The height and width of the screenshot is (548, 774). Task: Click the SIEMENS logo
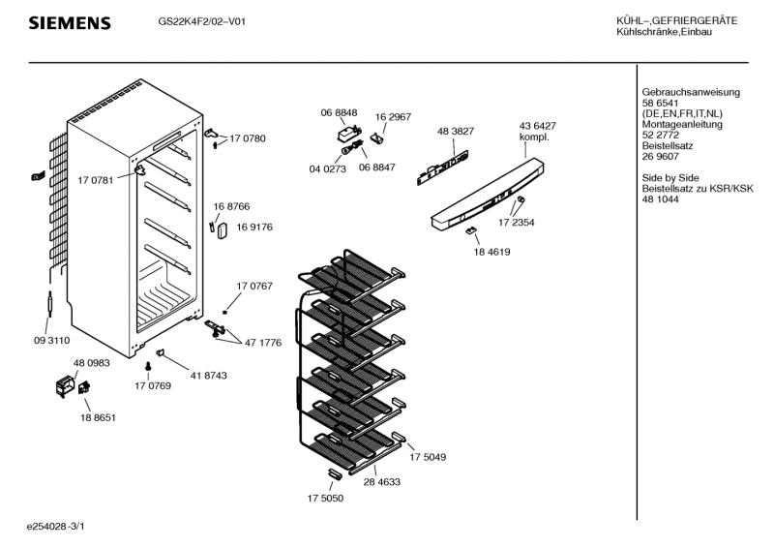(69, 22)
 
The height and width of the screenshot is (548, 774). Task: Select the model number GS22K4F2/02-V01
(201, 21)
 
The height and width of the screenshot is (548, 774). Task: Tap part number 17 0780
(248, 138)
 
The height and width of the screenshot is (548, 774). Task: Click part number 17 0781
(95, 179)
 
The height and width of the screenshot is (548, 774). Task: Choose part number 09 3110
(51, 340)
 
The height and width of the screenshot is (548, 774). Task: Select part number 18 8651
(98, 417)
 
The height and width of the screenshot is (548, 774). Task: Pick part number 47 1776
(263, 343)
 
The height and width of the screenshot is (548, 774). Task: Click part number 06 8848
(339, 113)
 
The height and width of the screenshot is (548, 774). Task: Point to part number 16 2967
(393, 116)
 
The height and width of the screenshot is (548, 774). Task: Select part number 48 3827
(456, 131)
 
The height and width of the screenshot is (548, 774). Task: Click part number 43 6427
(538, 126)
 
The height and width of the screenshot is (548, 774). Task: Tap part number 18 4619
(491, 252)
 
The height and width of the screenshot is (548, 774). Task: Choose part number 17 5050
(324, 498)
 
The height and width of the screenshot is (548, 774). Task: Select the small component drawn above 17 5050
(335, 472)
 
